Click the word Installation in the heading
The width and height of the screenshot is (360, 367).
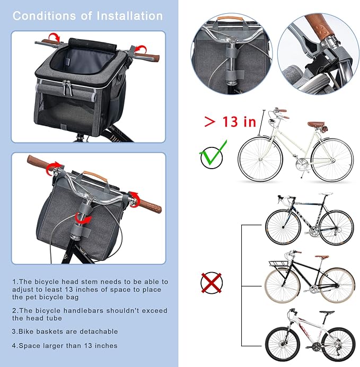[130, 16]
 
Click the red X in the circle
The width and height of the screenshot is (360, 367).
[212, 283]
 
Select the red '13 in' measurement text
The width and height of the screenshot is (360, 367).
[239, 121]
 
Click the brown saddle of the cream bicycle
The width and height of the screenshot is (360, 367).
[316, 124]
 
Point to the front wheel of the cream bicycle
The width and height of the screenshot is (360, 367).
[260, 159]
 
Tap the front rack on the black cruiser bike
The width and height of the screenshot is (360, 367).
[278, 263]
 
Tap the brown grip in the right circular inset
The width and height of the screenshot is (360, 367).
[320, 27]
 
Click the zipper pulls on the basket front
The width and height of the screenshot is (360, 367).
[68, 88]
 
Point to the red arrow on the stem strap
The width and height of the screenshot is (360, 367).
[83, 220]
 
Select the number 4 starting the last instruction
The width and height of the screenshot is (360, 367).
[14, 346]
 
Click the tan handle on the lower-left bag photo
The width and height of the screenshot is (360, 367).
[95, 176]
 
